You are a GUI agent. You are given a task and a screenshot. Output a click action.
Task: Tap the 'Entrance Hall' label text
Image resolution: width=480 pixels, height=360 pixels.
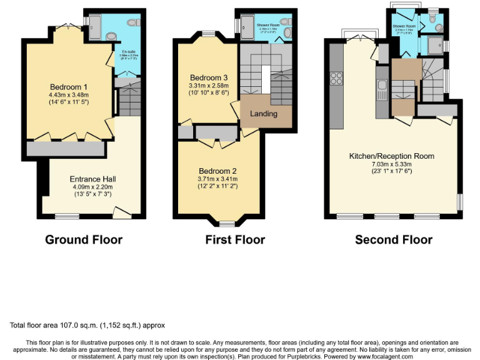pyautogui.click(x=93, y=179)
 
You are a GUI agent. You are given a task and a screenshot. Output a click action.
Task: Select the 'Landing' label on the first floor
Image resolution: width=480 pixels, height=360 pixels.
pyautogui.click(x=263, y=114)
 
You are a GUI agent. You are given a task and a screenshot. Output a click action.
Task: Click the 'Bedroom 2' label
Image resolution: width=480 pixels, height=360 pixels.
pyautogui.click(x=217, y=171)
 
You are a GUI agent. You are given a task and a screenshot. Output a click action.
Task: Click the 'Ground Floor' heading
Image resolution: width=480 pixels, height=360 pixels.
pyautogui.click(x=84, y=239)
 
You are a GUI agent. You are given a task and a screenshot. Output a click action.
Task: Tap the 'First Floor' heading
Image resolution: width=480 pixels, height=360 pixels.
pyautogui.click(x=235, y=239)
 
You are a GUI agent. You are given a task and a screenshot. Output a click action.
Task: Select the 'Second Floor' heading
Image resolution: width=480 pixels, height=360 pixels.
pyautogui.click(x=393, y=239)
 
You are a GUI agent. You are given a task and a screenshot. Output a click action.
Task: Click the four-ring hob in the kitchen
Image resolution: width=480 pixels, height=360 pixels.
pyautogui.click(x=336, y=78)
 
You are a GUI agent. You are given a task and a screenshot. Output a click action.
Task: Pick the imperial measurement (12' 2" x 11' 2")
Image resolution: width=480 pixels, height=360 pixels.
pyautogui.click(x=217, y=186)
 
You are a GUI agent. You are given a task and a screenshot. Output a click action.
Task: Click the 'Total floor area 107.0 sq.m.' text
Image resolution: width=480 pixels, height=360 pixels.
pyautogui.click(x=87, y=325)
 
